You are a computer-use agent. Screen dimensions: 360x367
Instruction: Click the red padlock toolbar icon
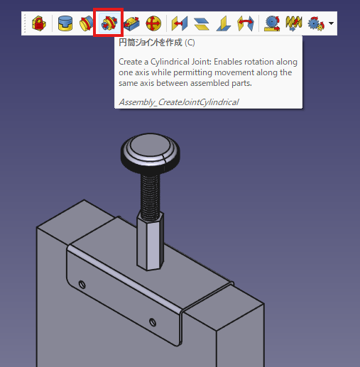coord(38,23)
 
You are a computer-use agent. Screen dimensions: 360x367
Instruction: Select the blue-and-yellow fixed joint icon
coord(65,23)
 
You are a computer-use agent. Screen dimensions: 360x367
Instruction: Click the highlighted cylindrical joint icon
coord(109,23)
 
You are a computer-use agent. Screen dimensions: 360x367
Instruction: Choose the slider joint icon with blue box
coord(131,23)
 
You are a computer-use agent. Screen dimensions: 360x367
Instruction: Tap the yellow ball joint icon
coord(153,23)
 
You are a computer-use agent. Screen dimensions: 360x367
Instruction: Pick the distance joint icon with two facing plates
coord(180,23)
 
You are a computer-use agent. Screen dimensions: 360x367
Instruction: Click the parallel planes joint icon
coord(202,23)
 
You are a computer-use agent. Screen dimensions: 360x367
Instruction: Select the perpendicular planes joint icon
coord(224,23)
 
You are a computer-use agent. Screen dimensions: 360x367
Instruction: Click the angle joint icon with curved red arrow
coord(246,23)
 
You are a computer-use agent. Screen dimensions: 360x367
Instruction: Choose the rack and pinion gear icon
coord(272,23)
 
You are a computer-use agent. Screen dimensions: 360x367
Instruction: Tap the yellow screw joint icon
coord(294,23)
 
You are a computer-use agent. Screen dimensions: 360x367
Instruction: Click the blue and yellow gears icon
coord(316,23)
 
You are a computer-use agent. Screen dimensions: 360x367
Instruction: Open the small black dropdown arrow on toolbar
coord(332,23)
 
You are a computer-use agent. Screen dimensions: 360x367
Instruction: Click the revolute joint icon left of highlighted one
coord(87,23)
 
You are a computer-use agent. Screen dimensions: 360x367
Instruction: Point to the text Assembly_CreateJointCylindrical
coord(179,102)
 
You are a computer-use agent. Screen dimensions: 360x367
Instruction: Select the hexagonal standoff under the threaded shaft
coord(151,241)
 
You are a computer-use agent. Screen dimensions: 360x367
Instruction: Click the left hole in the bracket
coord(82,284)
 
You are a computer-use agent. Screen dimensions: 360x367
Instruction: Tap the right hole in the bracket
coord(153,322)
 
